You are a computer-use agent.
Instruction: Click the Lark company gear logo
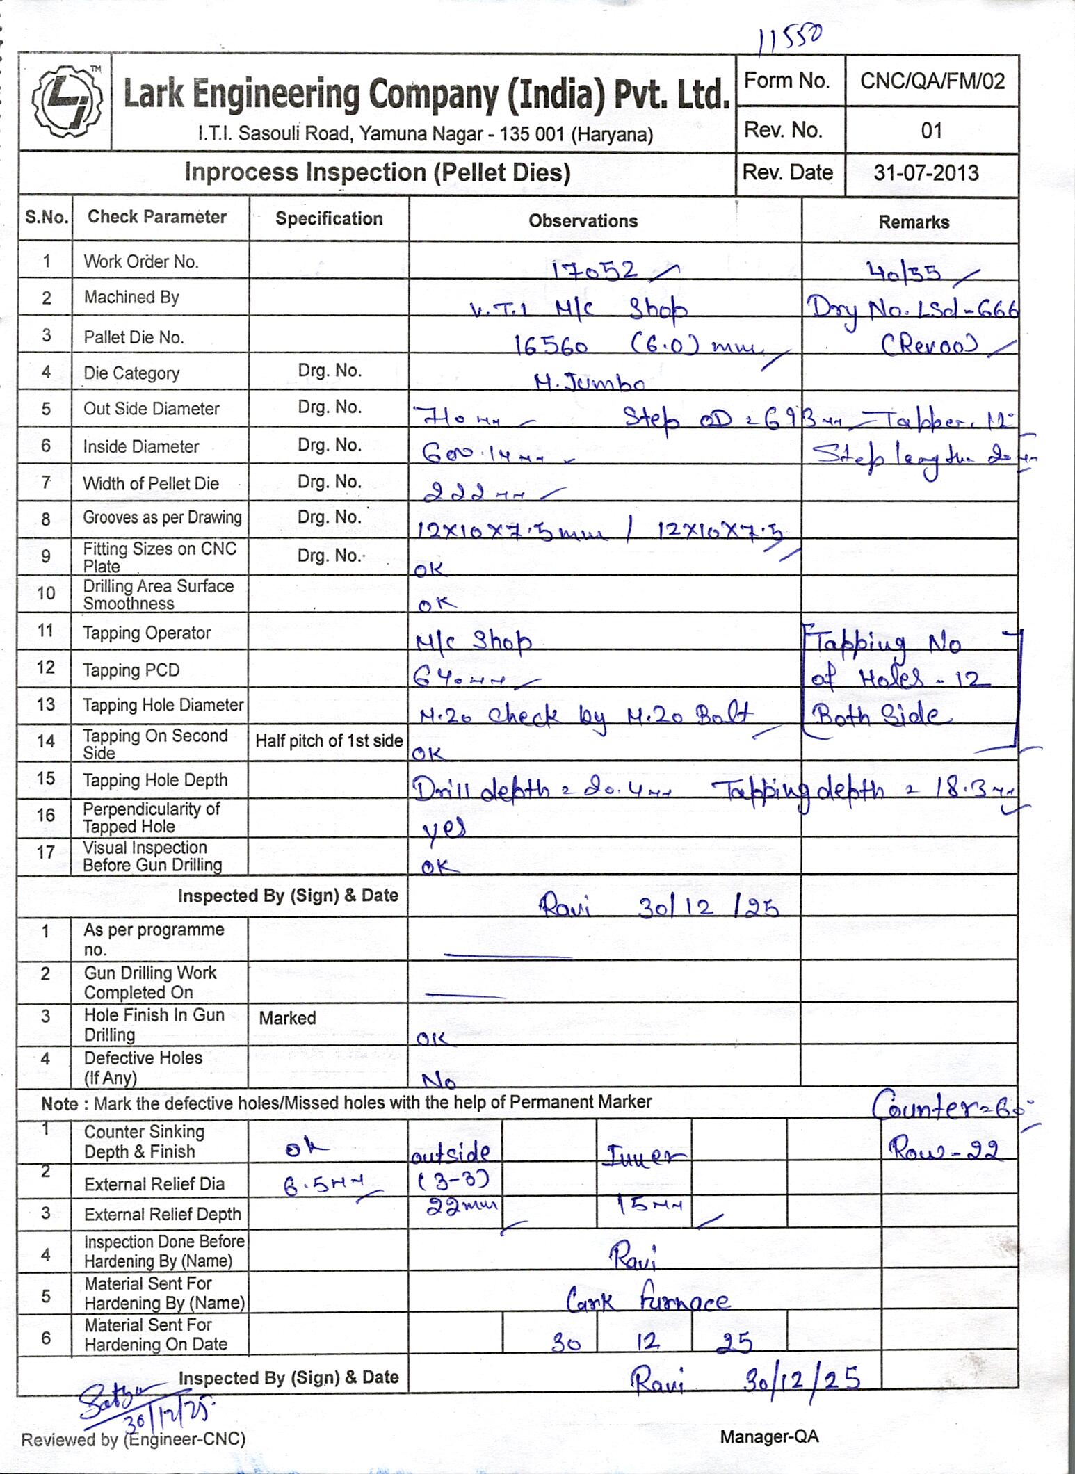coord(65,102)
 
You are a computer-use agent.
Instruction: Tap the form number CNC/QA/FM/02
coord(932,81)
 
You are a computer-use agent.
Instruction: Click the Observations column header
coord(583,221)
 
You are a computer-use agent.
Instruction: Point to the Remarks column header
coord(913,222)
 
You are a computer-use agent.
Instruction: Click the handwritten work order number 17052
coord(595,269)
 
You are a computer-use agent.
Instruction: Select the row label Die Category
coord(131,373)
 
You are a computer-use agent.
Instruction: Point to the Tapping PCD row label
coord(131,670)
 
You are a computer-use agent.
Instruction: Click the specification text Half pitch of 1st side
coord(329,741)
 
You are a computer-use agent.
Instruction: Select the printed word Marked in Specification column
coord(287,1018)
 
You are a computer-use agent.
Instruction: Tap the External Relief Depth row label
coord(162,1214)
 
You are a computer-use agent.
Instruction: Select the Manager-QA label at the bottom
coord(769,1436)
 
